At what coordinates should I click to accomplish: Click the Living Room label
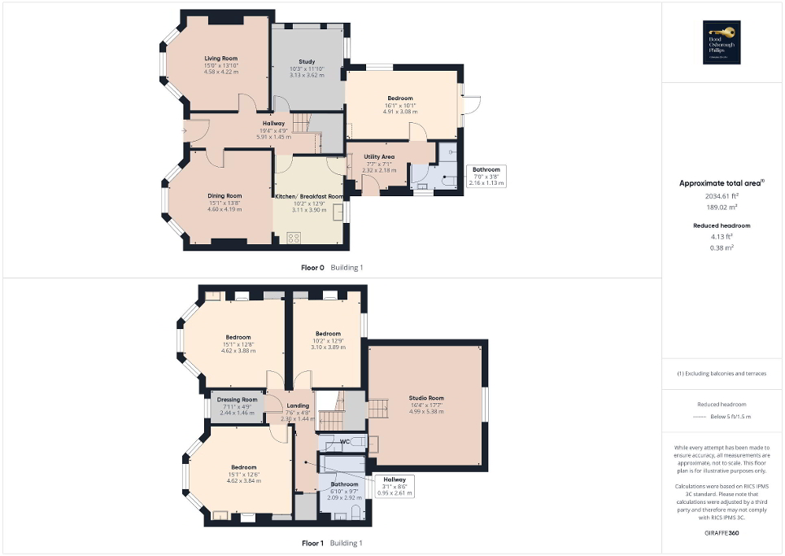point(220,59)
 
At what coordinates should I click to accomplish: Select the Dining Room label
point(223,195)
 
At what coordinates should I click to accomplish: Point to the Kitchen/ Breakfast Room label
point(309,196)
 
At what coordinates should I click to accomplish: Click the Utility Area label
point(379,156)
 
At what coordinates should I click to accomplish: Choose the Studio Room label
point(426,398)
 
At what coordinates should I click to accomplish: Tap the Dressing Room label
point(237,400)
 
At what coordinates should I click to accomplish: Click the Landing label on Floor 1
point(297,405)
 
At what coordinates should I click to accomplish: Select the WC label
point(344,442)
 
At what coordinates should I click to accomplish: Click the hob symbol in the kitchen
point(294,237)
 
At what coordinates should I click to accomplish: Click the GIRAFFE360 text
point(722,533)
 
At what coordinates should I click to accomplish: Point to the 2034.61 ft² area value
point(722,196)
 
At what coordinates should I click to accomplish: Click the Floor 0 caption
point(314,267)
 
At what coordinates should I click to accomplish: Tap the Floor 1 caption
point(313,543)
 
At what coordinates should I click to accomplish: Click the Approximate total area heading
point(720,183)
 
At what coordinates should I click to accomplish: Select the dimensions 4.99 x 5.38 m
point(426,411)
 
